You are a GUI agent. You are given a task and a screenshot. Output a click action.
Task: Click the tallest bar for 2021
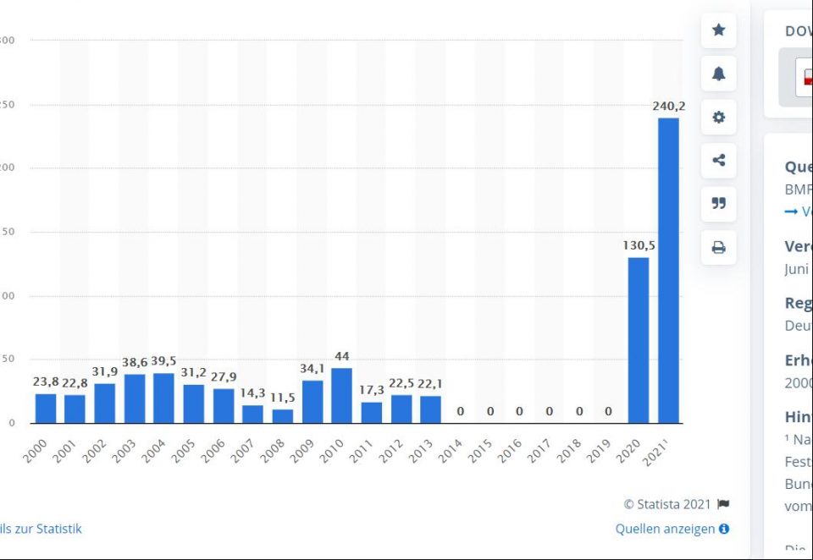(668, 271)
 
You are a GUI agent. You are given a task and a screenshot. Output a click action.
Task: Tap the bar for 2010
(341, 396)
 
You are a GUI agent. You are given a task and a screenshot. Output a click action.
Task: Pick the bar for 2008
(282, 416)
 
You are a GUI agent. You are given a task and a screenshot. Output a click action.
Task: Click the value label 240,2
(669, 107)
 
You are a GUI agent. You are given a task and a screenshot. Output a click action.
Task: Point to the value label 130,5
(639, 245)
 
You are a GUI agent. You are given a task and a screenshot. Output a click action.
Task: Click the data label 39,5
(163, 362)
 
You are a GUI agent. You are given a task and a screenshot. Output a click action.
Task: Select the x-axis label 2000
(36, 450)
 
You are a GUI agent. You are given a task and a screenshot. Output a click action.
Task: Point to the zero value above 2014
(461, 412)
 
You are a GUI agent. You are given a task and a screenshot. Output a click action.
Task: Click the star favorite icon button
(718, 30)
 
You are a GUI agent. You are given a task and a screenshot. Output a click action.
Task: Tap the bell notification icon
(718, 74)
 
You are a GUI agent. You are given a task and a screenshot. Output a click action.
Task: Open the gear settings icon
(718, 117)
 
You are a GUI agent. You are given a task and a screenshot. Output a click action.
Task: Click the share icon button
(718, 160)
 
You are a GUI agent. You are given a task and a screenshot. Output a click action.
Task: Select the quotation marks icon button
(718, 203)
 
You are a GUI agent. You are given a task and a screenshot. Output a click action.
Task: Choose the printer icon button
(718, 247)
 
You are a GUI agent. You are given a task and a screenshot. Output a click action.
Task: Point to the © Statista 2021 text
(667, 504)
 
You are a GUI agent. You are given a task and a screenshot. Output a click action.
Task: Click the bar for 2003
(134, 398)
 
